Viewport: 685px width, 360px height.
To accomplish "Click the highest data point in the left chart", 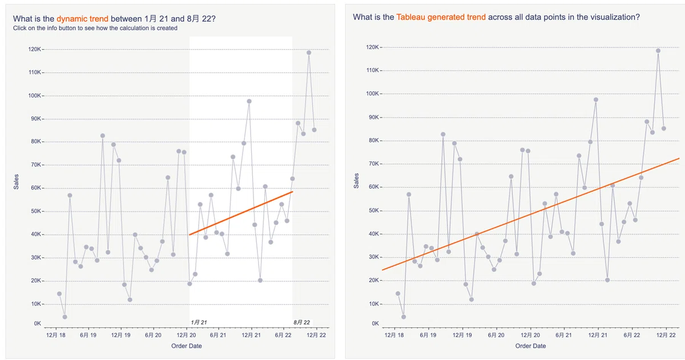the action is point(309,52).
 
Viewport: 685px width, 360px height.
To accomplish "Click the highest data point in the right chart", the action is point(658,51).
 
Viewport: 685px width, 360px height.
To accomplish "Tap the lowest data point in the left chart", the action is point(65,317).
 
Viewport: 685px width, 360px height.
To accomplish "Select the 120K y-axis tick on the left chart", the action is point(35,49).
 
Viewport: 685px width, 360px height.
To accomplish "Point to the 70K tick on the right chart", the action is point(372,164).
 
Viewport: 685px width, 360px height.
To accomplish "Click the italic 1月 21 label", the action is point(199,322).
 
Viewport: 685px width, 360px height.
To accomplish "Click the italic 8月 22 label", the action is point(301,322).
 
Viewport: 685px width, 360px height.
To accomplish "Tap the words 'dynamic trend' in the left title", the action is point(82,19).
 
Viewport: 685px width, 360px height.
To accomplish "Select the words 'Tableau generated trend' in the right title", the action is point(441,17).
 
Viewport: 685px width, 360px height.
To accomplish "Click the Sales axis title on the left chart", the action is point(16,182).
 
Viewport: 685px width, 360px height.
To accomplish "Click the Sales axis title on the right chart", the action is point(356,181).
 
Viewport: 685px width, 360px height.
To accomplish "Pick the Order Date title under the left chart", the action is point(187,346).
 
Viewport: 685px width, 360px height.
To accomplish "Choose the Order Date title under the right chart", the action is point(530,346).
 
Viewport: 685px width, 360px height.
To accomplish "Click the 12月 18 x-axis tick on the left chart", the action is point(56,335).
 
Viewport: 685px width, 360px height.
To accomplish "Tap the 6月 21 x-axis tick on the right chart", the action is point(563,335).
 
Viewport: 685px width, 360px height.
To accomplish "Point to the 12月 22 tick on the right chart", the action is point(666,335).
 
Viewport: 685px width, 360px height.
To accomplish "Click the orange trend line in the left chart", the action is point(241,213).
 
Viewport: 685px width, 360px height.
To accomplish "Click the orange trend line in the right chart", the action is point(530,214).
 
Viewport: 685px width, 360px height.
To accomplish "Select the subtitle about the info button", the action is point(95,28).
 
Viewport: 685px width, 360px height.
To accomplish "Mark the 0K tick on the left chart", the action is point(37,323).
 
